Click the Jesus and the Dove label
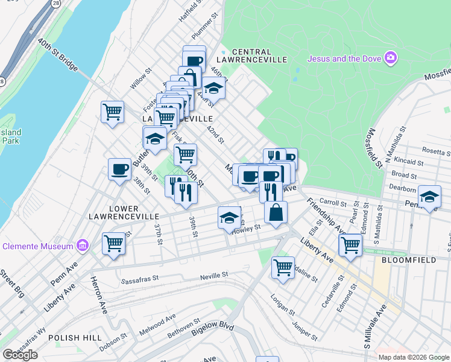click(345, 59)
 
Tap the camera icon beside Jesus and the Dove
click(391, 58)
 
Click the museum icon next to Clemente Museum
click(83, 246)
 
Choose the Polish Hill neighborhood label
click(72, 337)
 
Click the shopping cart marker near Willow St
click(112, 112)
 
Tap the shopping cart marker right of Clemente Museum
click(113, 243)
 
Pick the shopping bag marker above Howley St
click(276, 212)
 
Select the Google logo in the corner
click(20, 355)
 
